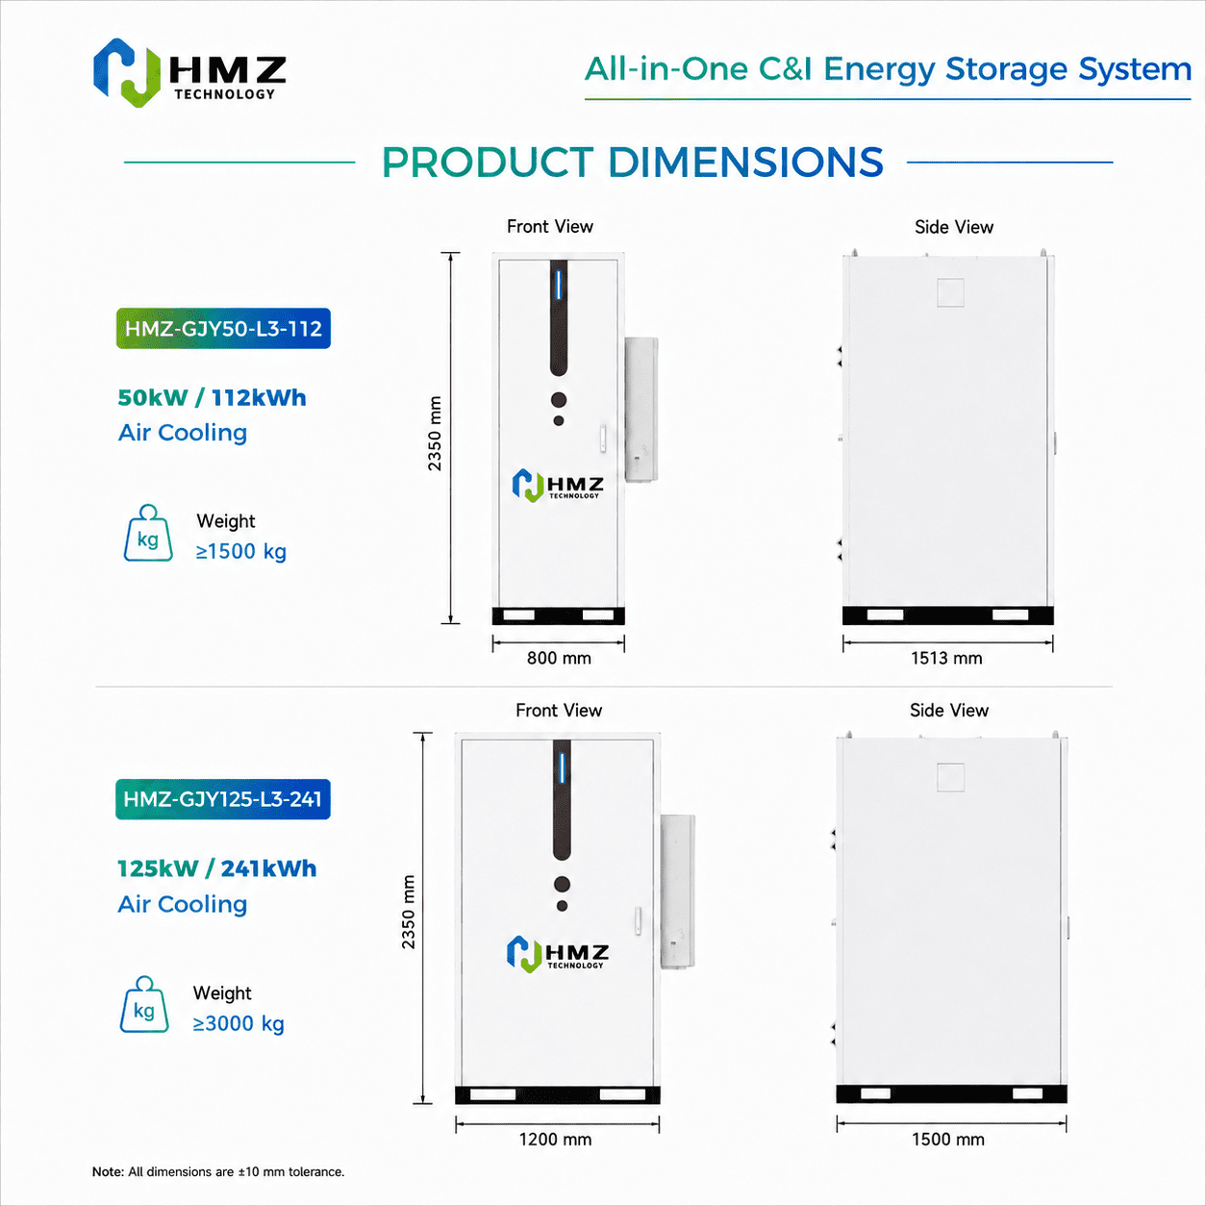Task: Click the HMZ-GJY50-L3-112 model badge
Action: point(223,328)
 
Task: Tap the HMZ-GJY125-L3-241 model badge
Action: point(223,799)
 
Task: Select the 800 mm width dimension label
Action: point(559,658)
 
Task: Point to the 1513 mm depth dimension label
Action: point(946,658)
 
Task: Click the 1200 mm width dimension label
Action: point(555,1139)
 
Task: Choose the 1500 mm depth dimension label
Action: point(947,1139)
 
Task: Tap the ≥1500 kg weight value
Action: point(241,551)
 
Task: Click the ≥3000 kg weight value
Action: point(239,1023)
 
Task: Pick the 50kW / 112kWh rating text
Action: point(213,397)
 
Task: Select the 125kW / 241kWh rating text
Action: point(217,868)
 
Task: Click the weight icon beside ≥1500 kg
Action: point(148,533)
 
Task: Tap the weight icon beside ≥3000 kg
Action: point(144,1004)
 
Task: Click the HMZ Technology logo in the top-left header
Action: point(189,72)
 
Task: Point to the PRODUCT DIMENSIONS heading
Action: point(632,163)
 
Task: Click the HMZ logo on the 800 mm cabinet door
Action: point(558,486)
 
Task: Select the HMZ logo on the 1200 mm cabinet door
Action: point(558,954)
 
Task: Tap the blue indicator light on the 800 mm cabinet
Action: point(559,285)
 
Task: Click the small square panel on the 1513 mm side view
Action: point(950,292)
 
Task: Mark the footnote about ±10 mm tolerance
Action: point(218,1171)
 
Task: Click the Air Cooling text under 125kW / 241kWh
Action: point(183,904)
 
